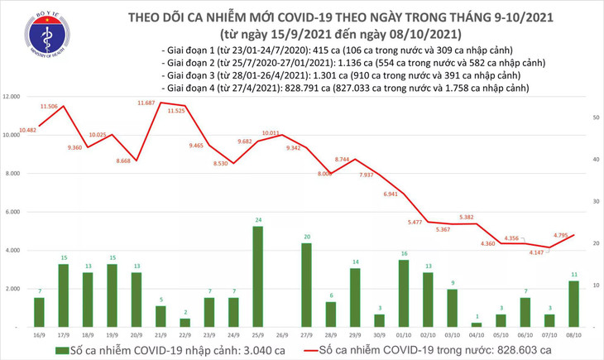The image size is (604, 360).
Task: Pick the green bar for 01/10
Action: click(404, 293)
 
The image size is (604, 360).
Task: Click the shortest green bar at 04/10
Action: click(477, 325)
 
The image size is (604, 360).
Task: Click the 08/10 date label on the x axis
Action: click(573, 335)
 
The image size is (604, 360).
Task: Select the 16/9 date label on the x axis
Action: click(38, 335)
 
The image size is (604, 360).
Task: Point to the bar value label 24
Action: click(257, 220)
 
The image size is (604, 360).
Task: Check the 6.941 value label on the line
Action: click(393, 194)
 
